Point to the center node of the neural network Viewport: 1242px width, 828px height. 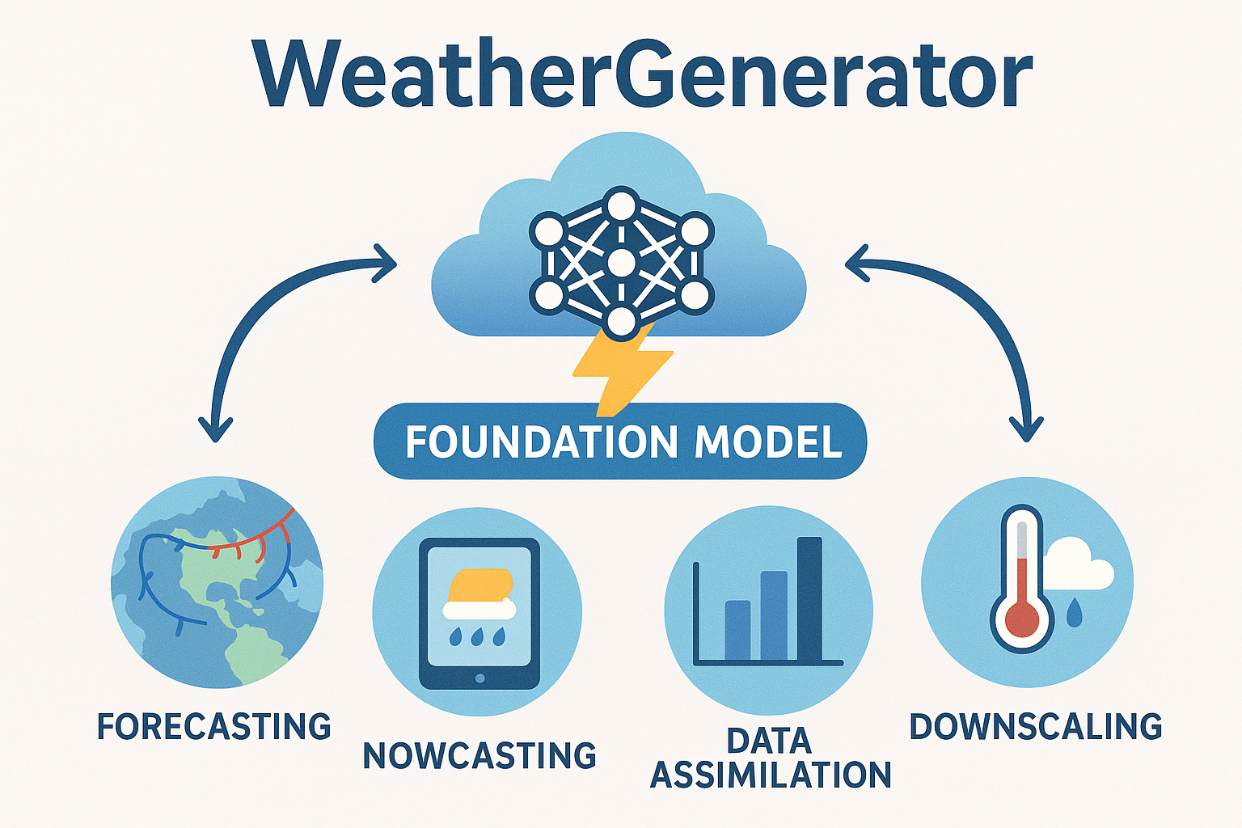pos(620,264)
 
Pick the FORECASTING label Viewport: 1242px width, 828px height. pos(214,726)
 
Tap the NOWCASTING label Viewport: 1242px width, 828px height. pos(479,755)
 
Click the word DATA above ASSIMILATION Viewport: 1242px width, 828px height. pos(769,741)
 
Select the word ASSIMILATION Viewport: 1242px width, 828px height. pos(771,775)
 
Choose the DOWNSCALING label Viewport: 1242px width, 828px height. pos(1036,726)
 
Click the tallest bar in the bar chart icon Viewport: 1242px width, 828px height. pos(809,598)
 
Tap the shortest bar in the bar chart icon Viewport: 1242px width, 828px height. pos(737,631)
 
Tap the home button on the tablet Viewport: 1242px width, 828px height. pos(479,678)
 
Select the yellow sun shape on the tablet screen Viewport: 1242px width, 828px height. pos(481,585)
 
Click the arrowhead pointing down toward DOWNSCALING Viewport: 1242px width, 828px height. pos(1027,429)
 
